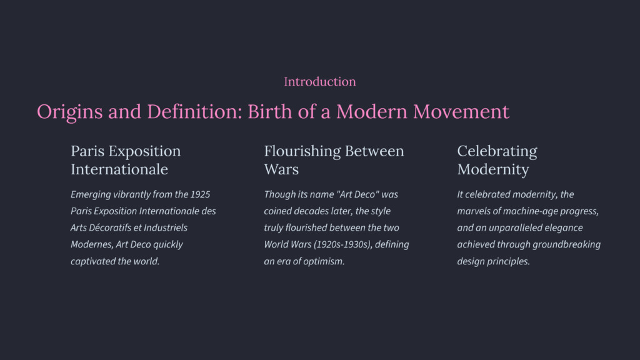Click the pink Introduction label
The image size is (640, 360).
(319, 82)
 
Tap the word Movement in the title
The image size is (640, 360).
(461, 111)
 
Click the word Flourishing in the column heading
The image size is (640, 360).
(302, 151)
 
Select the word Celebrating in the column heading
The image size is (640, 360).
(497, 151)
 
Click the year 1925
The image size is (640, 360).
(200, 194)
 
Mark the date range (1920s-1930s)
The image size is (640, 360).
(343, 244)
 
